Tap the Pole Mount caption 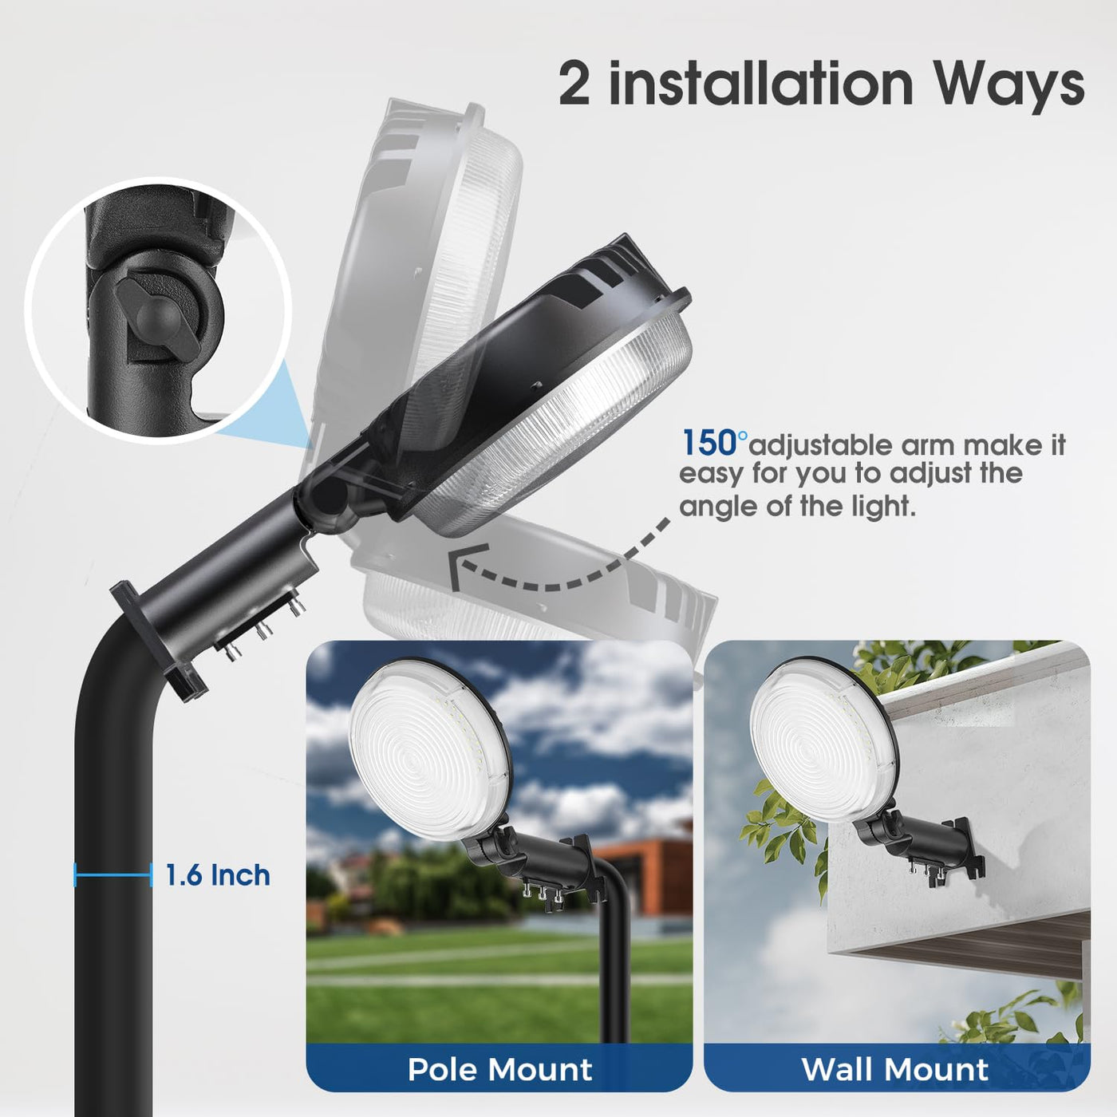coord(499,1069)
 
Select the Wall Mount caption coord(895,1069)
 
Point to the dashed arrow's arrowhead coord(468,567)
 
